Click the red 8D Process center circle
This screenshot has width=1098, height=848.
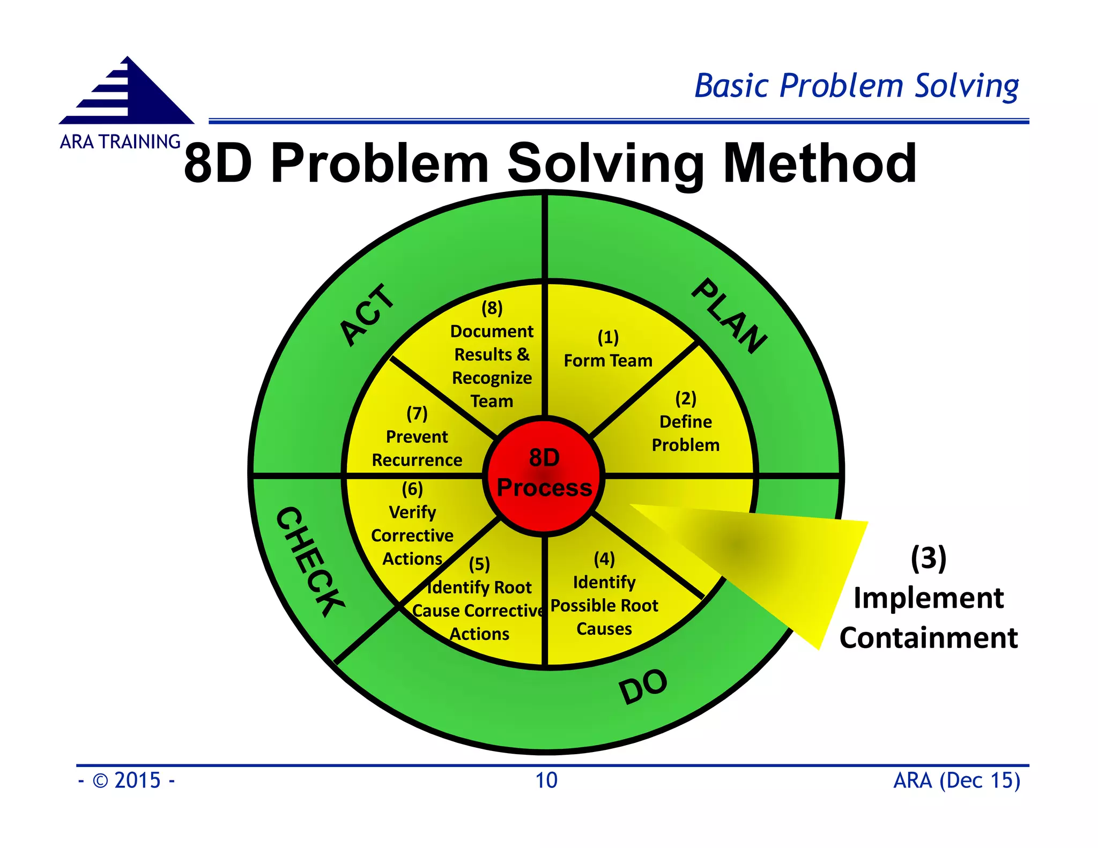(x=544, y=474)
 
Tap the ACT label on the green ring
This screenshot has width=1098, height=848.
(x=368, y=315)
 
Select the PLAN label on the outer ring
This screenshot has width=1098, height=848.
(x=729, y=316)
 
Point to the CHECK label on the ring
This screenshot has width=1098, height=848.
(x=310, y=561)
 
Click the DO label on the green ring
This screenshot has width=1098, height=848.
(x=643, y=687)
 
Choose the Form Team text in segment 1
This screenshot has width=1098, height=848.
(x=608, y=361)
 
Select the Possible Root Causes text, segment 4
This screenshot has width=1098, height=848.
(x=604, y=616)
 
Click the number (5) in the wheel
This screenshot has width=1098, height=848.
(x=479, y=564)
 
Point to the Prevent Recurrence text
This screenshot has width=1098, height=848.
(x=417, y=448)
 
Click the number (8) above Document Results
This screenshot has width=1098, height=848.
(x=492, y=308)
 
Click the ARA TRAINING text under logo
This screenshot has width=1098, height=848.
(x=120, y=142)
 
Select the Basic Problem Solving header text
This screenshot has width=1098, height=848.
(x=856, y=86)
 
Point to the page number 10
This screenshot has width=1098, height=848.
(x=546, y=780)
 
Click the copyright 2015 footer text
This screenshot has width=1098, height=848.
(x=127, y=780)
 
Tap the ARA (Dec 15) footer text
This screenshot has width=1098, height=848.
(x=956, y=780)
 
